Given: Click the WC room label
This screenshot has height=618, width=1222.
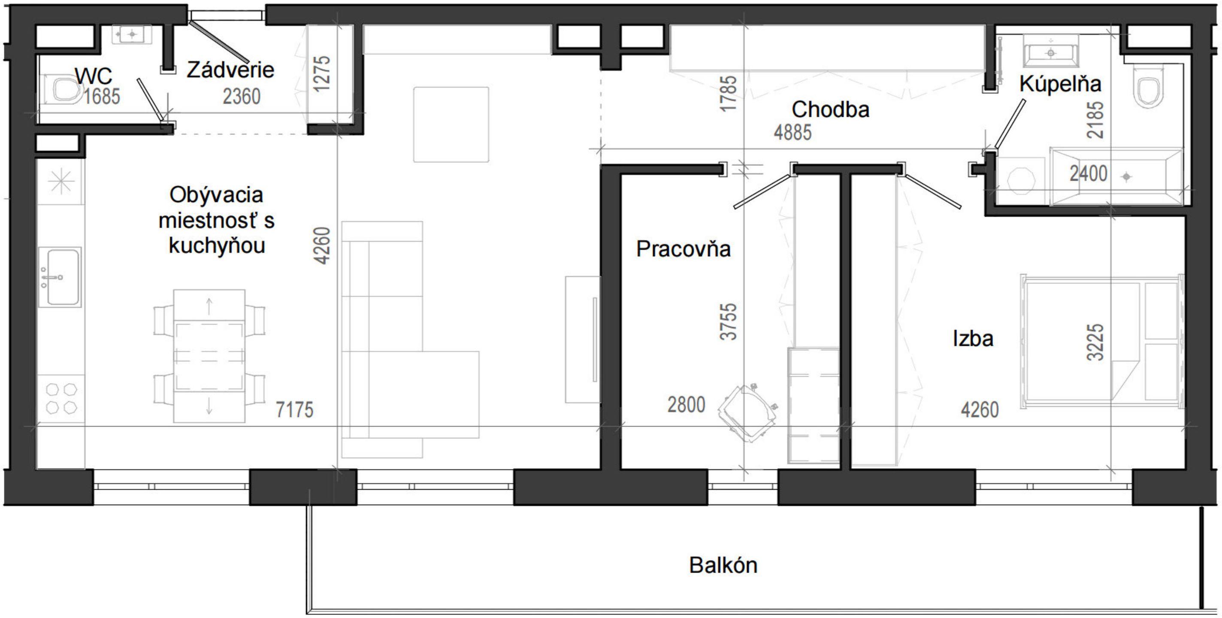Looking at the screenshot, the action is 94,76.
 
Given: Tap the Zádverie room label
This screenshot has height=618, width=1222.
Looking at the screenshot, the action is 230,70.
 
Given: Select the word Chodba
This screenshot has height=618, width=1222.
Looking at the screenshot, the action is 830,109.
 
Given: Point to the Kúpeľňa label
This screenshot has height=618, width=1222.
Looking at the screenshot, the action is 1060,84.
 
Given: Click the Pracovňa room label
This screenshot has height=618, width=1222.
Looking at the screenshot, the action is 683,249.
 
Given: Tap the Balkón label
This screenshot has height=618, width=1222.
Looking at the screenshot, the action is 723,565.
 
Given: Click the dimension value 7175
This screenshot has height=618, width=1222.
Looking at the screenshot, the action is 295,409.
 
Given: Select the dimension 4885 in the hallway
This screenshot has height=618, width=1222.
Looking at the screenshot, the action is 792,133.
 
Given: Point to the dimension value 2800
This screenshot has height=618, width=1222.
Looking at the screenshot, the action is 686,405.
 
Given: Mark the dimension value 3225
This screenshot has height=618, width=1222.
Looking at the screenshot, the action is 1095,342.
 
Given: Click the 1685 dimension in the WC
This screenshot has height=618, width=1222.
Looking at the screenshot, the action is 102,97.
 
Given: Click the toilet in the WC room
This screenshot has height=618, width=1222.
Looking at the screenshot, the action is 64,89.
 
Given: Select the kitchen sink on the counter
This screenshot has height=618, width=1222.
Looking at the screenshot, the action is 60,277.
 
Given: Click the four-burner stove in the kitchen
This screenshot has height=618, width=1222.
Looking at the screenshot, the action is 61,399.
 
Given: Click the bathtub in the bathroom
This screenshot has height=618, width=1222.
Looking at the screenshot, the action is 1117,176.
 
